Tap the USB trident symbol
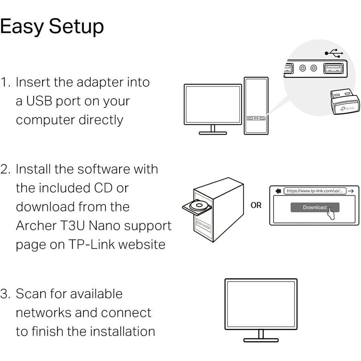[334, 53]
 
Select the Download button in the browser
[315, 207]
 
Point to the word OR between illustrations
[256, 205]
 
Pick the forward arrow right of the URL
[351, 191]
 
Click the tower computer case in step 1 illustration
[256, 106]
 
